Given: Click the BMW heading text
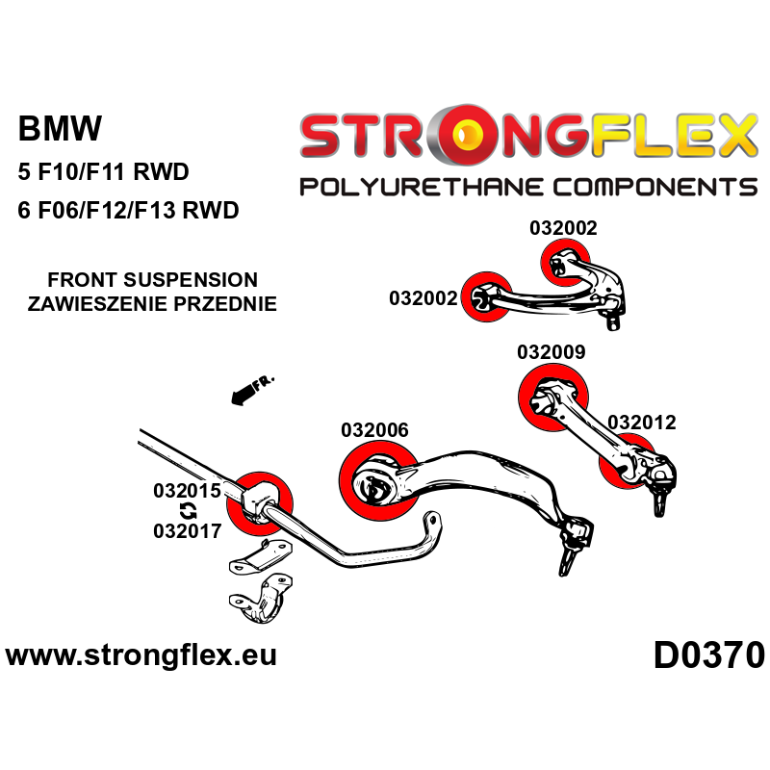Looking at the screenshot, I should [60, 129].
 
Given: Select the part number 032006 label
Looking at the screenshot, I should [374, 430].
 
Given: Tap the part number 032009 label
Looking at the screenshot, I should [551, 352].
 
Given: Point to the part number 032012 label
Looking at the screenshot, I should [641, 422].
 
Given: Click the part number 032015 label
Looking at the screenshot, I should [187, 490].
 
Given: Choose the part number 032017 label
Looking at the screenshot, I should [187, 529].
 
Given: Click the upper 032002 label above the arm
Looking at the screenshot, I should [563, 228].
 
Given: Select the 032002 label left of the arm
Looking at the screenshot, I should [423, 298].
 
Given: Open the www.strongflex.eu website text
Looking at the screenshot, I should [141, 656].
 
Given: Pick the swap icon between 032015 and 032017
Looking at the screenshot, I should [187, 510].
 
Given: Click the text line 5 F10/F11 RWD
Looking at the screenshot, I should [103, 173].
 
